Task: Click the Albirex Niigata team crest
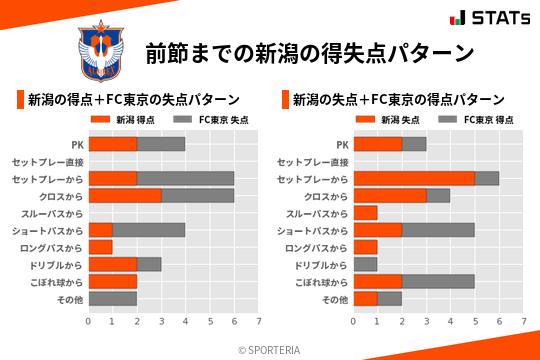coord(101,52)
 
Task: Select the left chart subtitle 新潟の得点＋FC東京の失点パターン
coord(133,99)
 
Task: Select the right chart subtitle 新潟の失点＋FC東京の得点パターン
coord(398,99)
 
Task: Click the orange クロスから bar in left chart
coord(125,196)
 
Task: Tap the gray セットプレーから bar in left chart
coord(185,178)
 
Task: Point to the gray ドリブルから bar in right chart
coord(365,264)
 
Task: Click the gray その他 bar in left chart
coord(113,299)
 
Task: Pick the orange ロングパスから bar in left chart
coord(100,247)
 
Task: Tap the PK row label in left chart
coord(77,144)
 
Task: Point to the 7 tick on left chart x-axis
coord(259,322)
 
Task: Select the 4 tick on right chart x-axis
coord(450,322)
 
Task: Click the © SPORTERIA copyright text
coord(270,349)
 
